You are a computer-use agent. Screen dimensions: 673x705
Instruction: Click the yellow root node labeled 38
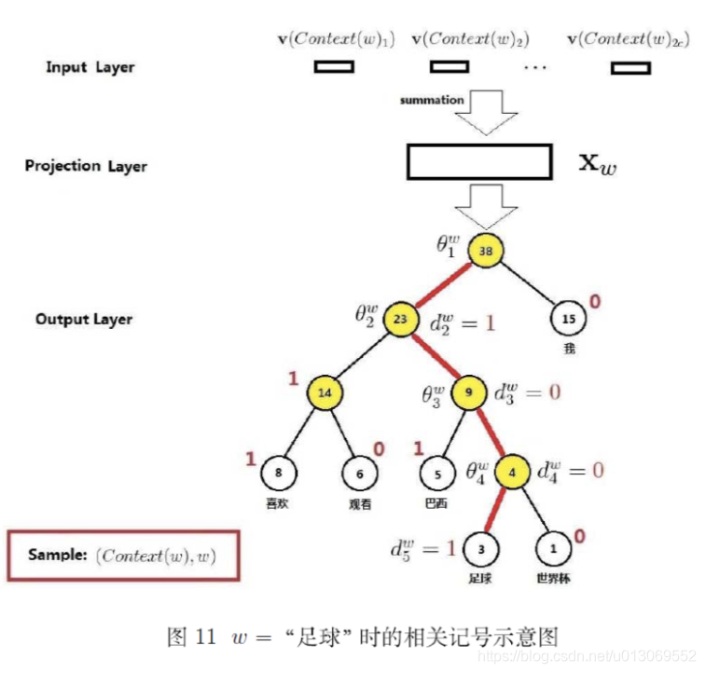click(x=485, y=252)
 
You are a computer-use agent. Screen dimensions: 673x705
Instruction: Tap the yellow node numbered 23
click(x=401, y=318)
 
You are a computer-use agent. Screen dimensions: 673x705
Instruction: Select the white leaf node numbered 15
click(x=568, y=319)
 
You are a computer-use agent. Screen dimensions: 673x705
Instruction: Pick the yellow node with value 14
click(x=325, y=393)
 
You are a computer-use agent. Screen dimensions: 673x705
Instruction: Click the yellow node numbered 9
click(x=467, y=393)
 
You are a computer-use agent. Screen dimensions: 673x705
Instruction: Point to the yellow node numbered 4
click(x=512, y=472)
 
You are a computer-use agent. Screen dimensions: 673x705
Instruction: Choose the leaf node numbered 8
click(x=278, y=473)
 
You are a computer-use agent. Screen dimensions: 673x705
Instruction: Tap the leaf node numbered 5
click(x=436, y=473)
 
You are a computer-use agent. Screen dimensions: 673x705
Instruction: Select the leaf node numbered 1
click(x=553, y=548)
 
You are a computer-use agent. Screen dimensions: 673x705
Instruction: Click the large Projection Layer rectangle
click(x=479, y=162)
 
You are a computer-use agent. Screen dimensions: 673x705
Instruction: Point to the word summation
click(x=432, y=100)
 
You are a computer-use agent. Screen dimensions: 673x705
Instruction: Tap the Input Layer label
click(x=90, y=67)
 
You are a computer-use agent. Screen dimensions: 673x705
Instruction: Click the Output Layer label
click(x=84, y=319)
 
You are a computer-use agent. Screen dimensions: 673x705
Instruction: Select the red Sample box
click(x=124, y=556)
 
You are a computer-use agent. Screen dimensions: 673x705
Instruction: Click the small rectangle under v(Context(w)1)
click(x=334, y=67)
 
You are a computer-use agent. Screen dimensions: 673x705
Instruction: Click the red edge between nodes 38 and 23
click(x=443, y=285)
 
